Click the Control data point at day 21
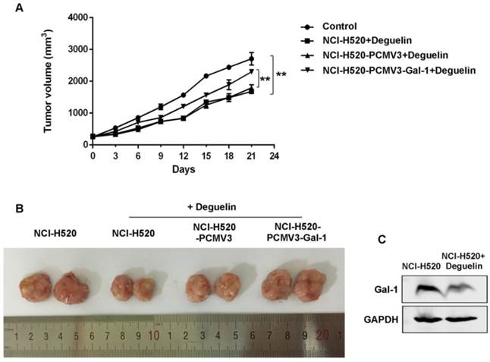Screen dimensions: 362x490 pyautogui.click(x=252, y=58)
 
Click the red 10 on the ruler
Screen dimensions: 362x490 pyautogui.click(x=153, y=335)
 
